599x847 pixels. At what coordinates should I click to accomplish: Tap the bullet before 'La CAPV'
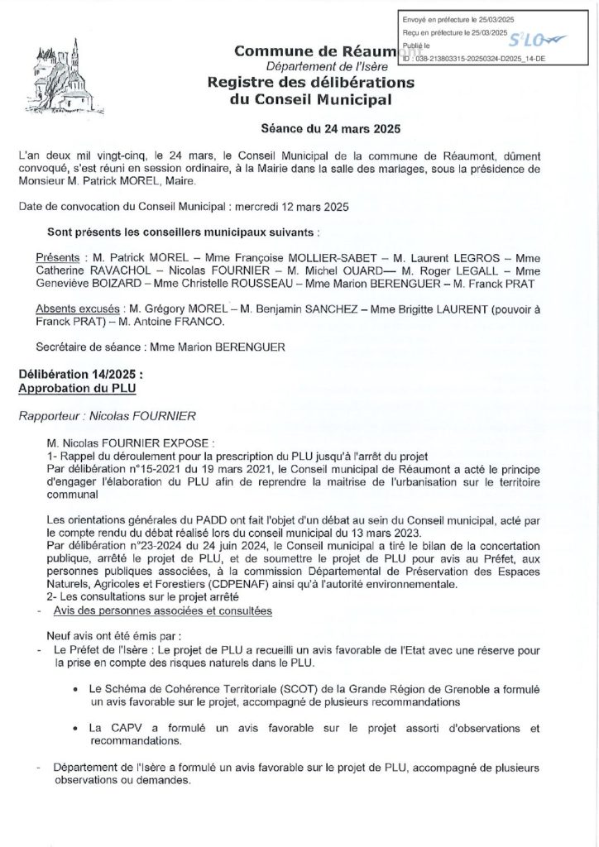(x=77, y=728)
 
